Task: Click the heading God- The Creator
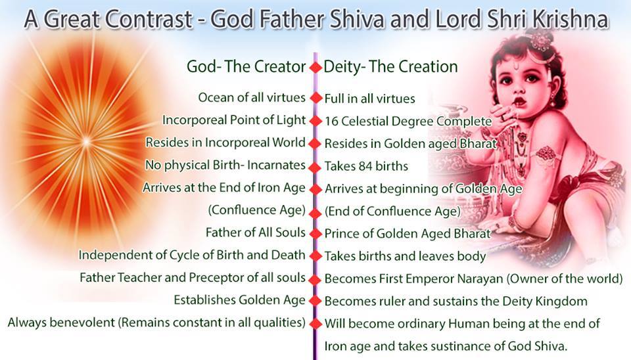tap(246, 66)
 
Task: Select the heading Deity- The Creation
tap(390, 66)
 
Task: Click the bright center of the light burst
tap(85, 141)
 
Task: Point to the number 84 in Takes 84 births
tap(366, 166)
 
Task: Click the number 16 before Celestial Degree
tap(331, 121)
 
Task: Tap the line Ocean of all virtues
tap(252, 98)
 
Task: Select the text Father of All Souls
tap(256, 233)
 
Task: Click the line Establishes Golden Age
tap(240, 300)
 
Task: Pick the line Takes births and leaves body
tap(406, 256)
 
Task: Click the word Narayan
tap(478, 279)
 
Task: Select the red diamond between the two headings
tap(315, 67)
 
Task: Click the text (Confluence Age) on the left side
tap(257, 210)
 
